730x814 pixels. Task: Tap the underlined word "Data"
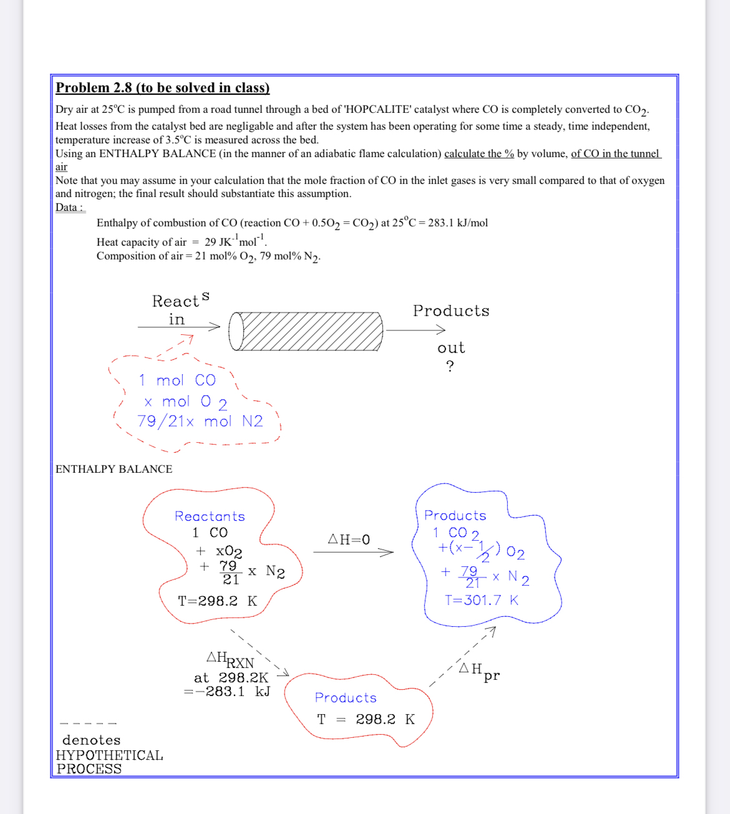(67, 208)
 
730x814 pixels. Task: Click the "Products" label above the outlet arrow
(450, 311)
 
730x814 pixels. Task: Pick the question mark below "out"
(450, 366)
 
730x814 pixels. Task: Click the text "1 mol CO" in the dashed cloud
(177, 380)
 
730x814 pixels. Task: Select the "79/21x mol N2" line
(200, 422)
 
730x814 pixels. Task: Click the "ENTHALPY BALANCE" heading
(114, 469)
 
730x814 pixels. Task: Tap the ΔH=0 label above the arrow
(349, 540)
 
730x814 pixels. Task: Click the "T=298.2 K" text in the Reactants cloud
(217, 601)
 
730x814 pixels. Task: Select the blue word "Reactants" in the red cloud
(210, 516)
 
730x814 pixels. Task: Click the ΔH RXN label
(230, 659)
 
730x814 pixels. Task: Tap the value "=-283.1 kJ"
(226, 692)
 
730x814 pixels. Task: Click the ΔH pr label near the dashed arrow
(479, 671)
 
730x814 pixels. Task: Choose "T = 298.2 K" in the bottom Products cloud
(366, 719)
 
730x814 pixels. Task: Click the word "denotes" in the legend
(91, 740)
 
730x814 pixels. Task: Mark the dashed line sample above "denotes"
(88, 724)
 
